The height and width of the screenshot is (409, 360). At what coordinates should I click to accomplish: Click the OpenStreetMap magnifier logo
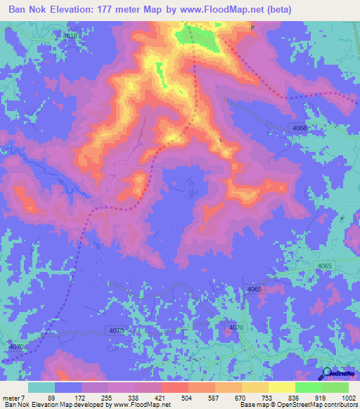327,374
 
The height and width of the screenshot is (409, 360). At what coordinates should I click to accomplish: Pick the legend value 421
160,397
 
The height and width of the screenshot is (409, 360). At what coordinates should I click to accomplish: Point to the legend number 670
240,397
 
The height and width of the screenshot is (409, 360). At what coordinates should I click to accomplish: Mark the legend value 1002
348,397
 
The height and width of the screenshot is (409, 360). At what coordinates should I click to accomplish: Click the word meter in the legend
13,397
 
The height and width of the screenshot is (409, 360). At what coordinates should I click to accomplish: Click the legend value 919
320,397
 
